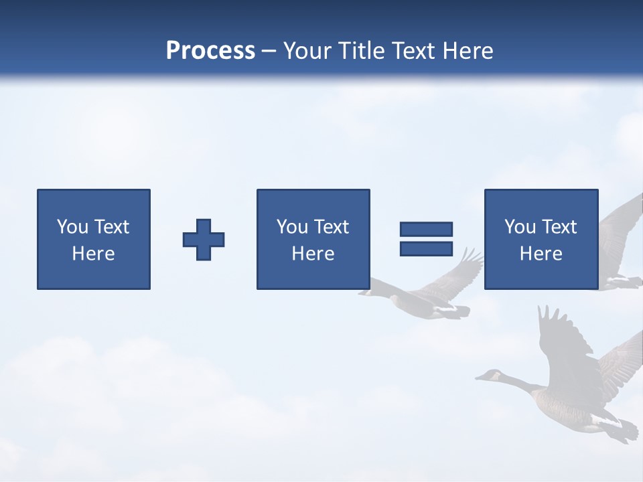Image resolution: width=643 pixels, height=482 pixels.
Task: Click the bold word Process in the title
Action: tap(210, 51)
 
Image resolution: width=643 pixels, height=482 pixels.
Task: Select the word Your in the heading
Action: tap(309, 51)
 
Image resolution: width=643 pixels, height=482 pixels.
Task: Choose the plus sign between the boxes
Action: tap(204, 240)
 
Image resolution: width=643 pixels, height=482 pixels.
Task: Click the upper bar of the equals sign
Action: tap(426, 230)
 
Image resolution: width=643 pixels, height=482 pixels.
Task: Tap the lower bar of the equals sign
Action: tap(426, 248)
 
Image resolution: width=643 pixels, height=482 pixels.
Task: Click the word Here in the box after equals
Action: tap(541, 254)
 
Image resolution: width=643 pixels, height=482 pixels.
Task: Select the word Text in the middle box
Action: tap(333, 227)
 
